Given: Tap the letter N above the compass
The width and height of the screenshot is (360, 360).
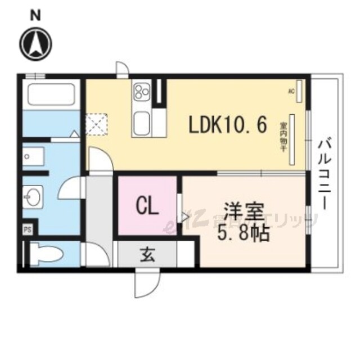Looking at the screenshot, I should [35, 15].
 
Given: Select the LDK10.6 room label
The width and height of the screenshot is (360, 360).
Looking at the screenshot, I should [227, 125].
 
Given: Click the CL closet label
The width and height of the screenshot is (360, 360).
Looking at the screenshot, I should [147, 206].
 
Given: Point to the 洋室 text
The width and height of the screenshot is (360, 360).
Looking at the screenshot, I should [244, 213].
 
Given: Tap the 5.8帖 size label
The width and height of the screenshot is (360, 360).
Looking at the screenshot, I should [244, 232].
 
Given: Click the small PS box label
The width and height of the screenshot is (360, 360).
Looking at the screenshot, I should [27, 229].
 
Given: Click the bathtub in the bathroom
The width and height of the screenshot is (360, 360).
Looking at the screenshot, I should [51, 94].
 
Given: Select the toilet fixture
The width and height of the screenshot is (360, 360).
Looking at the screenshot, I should [45, 253].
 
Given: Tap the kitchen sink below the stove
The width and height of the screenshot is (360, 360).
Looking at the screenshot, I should [141, 121].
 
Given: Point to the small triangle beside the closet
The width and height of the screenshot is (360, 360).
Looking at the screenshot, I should [185, 215].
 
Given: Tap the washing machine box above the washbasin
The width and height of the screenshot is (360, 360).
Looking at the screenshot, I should [38, 157].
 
